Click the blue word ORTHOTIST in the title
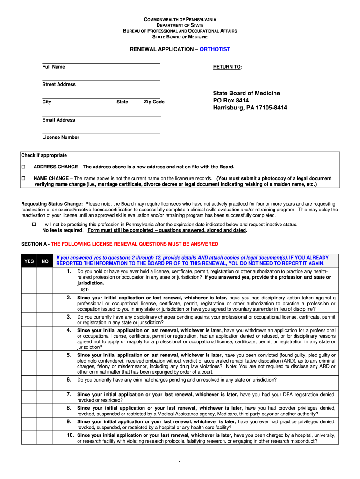[x=215, y=49]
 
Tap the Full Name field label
[x=54, y=67]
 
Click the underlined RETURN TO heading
[x=227, y=67]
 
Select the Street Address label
[x=59, y=84]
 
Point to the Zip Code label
[x=154, y=102]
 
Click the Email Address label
[x=58, y=120]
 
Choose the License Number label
[x=60, y=137]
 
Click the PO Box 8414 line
[x=231, y=101]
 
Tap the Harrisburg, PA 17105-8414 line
[x=250, y=108]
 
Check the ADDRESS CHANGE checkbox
[x=23, y=167]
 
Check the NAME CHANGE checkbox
[x=23, y=179]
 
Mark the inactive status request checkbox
[x=33, y=225]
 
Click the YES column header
[x=29, y=261]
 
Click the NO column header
[x=45, y=261]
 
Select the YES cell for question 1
[x=29, y=280]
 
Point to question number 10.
[x=70, y=435]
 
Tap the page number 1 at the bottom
[x=180, y=463]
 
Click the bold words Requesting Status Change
[x=52, y=204]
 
